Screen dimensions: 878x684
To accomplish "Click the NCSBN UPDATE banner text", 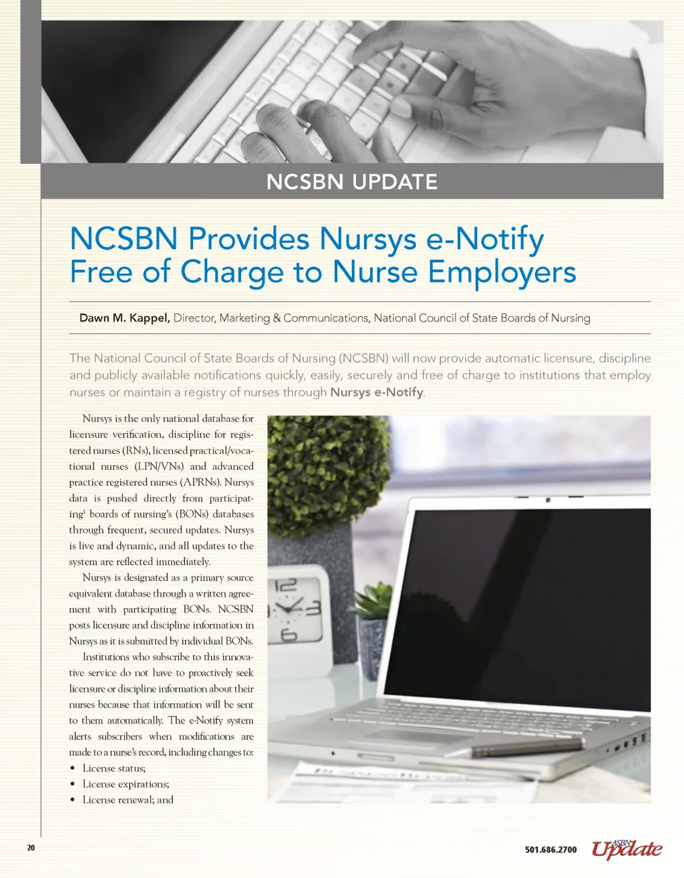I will [351, 182].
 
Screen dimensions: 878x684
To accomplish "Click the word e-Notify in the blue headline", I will [486, 239].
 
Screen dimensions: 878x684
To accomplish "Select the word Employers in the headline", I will [502, 272].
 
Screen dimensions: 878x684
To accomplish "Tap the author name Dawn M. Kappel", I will [124, 318].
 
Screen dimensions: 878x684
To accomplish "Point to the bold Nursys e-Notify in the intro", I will [376, 392].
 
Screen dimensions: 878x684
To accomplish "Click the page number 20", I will [31, 848].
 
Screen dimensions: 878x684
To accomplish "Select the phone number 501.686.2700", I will [550, 849].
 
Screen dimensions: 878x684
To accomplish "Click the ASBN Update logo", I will [627, 849].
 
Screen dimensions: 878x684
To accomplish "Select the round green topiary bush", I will [325, 472].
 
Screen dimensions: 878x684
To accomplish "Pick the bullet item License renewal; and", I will [128, 800].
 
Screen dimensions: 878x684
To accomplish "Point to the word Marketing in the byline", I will [244, 318].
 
